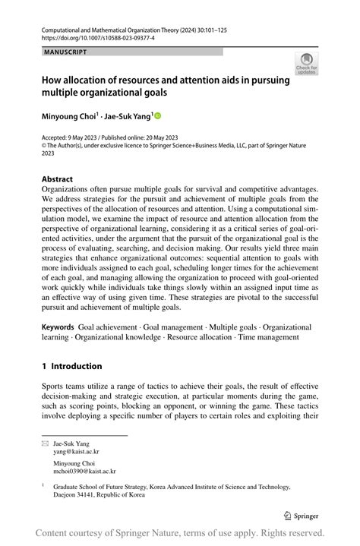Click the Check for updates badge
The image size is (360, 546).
tap(307, 63)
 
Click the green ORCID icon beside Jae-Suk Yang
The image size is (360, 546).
tap(158, 116)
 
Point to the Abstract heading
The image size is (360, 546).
tap(57, 179)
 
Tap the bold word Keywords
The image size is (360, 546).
tap(58, 326)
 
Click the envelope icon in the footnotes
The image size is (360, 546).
tap(45, 441)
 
